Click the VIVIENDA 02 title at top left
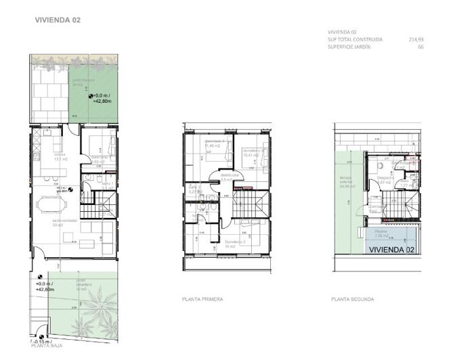58,20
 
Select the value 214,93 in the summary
415,39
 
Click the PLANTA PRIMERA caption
204,298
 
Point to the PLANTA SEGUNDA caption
353,298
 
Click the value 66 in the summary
420,47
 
